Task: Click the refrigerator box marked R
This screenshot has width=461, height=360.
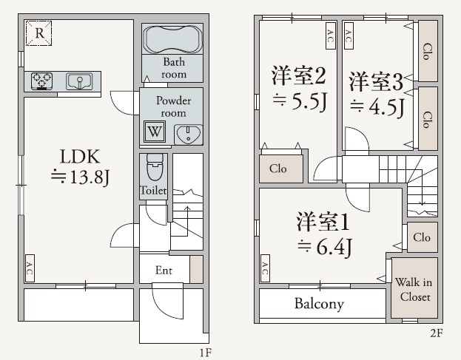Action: (39, 33)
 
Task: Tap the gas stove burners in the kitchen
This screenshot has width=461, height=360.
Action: (41, 80)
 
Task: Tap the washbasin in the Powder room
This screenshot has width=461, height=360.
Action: (189, 134)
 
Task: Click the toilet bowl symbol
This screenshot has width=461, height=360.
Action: (154, 168)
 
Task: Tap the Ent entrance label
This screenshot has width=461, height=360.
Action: (164, 271)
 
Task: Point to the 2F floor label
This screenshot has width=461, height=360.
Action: (436, 333)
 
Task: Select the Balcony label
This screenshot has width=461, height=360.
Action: (319, 304)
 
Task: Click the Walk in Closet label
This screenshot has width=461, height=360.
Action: (414, 289)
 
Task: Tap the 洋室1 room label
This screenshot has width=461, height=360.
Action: (323, 221)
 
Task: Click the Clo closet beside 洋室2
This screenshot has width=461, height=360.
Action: (279, 169)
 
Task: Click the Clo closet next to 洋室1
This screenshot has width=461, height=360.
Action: (422, 237)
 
